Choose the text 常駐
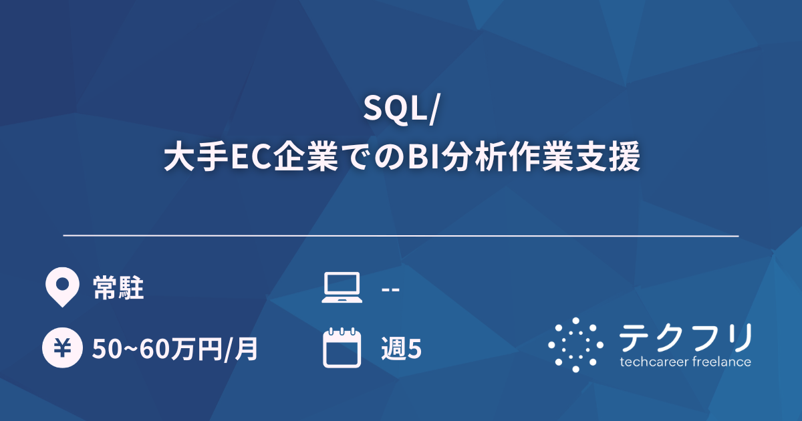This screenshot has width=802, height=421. click(118, 289)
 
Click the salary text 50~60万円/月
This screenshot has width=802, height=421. click(175, 349)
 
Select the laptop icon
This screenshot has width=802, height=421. click(342, 288)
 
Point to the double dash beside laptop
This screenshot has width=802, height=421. click(390, 289)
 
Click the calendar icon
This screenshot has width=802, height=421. click(342, 347)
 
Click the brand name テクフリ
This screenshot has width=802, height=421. click(685, 337)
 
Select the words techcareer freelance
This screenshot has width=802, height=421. click(685, 362)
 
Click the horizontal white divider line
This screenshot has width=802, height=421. click(401, 236)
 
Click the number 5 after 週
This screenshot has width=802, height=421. click(414, 349)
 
